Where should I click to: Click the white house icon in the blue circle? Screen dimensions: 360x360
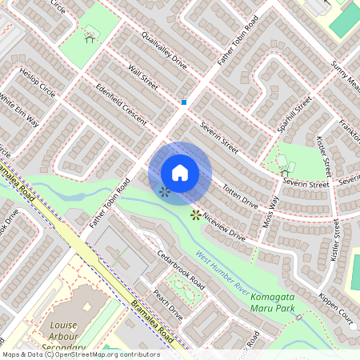[x=180, y=172]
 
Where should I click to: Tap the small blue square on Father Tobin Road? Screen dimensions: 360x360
[x=184, y=102]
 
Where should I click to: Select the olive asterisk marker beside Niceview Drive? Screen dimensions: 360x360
[x=195, y=214]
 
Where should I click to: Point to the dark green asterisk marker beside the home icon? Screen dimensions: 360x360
[x=164, y=191]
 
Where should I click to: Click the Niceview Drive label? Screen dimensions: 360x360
[x=223, y=225]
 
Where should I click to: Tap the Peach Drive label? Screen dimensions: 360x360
[x=168, y=305]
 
